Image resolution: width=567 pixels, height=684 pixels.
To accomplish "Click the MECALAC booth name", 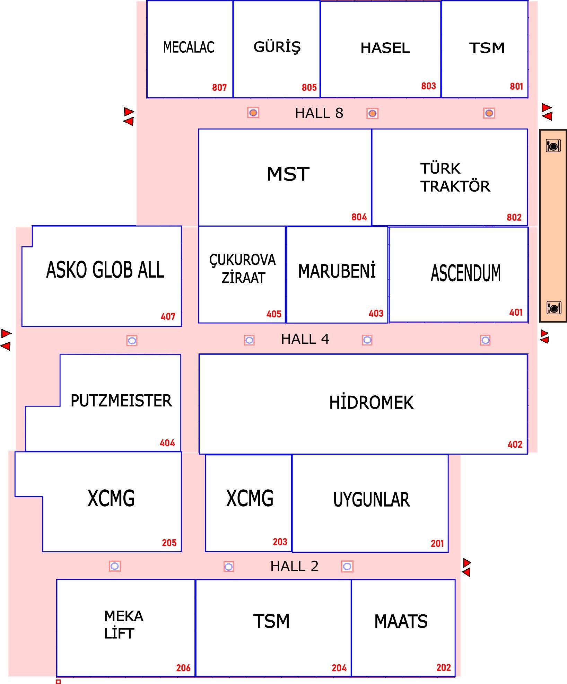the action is pyautogui.click(x=189, y=47).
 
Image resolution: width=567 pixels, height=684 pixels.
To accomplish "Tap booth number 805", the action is pyautogui.click(x=309, y=87).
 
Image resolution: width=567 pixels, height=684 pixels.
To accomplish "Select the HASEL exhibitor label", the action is pyautogui.click(x=385, y=48).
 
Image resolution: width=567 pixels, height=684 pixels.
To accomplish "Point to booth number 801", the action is pyautogui.click(x=516, y=86).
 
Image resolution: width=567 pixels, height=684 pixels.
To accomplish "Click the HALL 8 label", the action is pyautogui.click(x=319, y=113).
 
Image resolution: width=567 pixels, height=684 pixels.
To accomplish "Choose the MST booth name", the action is pyautogui.click(x=288, y=174).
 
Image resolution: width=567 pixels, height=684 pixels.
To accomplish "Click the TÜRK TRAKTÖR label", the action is pyautogui.click(x=455, y=177).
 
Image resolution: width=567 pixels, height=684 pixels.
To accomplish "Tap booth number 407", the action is pyautogui.click(x=168, y=316).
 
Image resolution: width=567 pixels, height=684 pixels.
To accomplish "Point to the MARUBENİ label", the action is pyautogui.click(x=337, y=271).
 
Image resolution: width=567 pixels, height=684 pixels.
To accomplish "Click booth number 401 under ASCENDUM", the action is pyautogui.click(x=516, y=313).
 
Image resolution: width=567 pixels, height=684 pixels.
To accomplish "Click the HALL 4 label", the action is pyautogui.click(x=305, y=339).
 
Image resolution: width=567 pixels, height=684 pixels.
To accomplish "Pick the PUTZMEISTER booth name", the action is pyautogui.click(x=121, y=401).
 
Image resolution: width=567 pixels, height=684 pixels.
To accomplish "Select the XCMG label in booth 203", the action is pyautogui.click(x=250, y=498).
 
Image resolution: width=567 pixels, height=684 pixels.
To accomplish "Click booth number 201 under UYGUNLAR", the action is pyautogui.click(x=437, y=543).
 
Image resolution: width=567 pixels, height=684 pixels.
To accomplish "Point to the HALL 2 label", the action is pyautogui.click(x=294, y=567).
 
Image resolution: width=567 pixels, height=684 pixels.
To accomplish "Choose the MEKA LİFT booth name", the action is pyautogui.click(x=124, y=625).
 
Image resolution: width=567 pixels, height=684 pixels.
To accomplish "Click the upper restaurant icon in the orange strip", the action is pyautogui.click(x=553, y=146).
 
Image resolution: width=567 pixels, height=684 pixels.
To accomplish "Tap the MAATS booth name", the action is pyautogui.click(x=401, y=621).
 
